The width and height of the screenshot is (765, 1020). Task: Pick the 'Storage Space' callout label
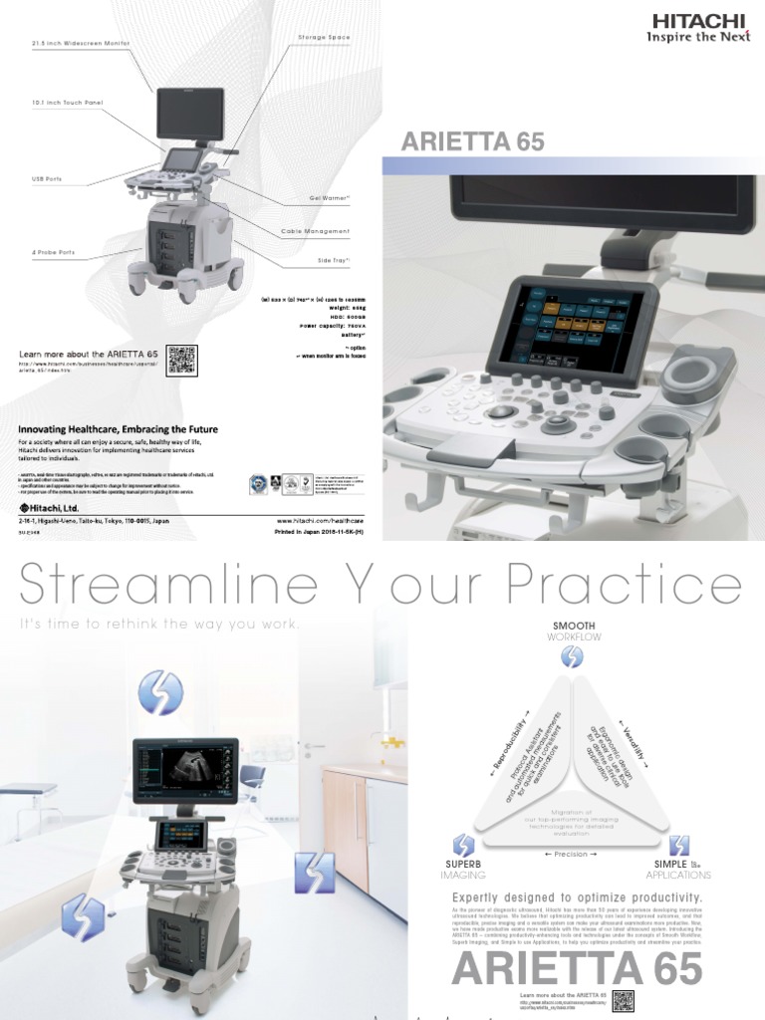tap(324, 37)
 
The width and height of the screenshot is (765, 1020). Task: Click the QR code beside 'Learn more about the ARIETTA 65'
tap(182, 361)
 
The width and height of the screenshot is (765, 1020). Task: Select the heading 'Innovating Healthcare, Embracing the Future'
tap(119, 429)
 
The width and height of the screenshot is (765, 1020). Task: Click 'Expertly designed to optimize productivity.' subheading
tap(578, 898)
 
